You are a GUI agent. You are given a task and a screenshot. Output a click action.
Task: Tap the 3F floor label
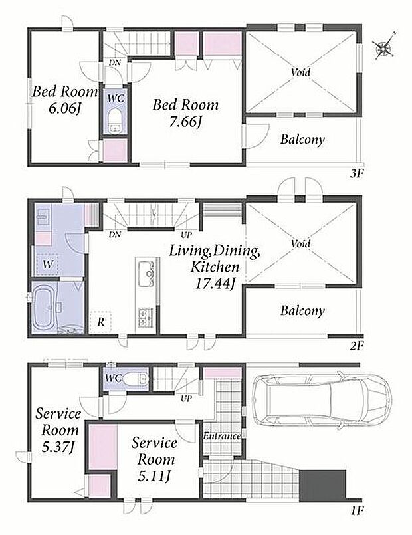click(x=357, y=174)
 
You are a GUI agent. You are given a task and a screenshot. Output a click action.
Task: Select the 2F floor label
click(x=356, y=346)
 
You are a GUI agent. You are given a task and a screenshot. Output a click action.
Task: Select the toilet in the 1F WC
click(x=136, y=378)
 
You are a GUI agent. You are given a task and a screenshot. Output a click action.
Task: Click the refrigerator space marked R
click(x=100, y=322)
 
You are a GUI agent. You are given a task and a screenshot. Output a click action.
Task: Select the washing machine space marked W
click(x=47, y=264)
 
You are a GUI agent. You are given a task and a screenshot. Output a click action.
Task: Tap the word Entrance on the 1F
click(x=222, y=436)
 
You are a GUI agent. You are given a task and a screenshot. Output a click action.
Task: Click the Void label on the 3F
click(x=301, y=72)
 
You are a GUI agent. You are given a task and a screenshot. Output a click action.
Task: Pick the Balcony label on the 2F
click(x=302, y=311)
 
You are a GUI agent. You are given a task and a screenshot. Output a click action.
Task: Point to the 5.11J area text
click(x=154, y=476)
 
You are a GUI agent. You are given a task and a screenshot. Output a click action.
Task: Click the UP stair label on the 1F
click(x=186, y=398)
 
